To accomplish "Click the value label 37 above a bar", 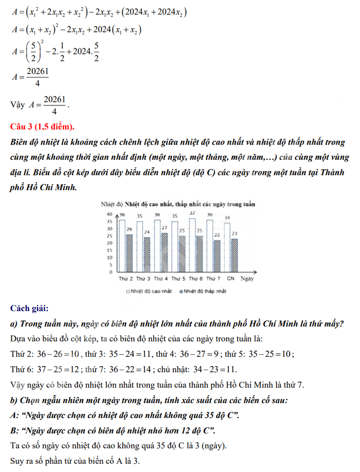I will (192, 213).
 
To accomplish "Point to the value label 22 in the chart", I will (217, 235).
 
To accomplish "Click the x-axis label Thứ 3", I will (143, 279).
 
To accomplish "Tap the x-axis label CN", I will (230, 279).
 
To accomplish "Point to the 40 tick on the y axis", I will (109, 214).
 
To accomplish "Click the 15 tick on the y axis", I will (109, 250).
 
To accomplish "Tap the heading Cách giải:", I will (29, 308).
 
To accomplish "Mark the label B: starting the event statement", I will (14, 430).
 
